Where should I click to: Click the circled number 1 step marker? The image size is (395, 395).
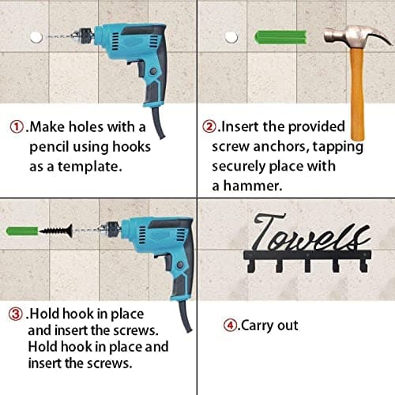pyautogui.click(x=17, y=127)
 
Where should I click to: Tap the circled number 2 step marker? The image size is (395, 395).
pyautogui.click(x=209, y=127)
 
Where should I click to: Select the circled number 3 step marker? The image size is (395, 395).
pyautogui.click(x=15, y=314)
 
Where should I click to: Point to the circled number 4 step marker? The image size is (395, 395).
pyautogui.click(x=230, y=325)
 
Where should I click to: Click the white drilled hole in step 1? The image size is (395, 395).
pyautogui.click(x=36, y=37)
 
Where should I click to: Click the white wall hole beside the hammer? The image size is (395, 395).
pyautogui.click(x=231, y=37)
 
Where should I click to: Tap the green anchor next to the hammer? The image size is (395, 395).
pyautogui.click(x=280, y=37)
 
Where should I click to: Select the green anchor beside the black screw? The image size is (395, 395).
pyautogui.click(x=22, y=231)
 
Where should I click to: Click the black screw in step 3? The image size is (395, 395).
pyautogui.click(x=56, y=231)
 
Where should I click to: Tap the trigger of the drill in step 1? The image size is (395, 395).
pyautogui.click(x=140, y=69)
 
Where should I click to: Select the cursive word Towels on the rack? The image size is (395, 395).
pyautogui.click(x=310, y=233)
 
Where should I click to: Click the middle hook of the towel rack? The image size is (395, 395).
pyautogui.click(x=307, y=265)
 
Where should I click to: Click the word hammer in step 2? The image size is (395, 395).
pyautogui.click(x=252, y=186)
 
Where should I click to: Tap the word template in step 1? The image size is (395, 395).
pyautogui.click(x=90, y=167)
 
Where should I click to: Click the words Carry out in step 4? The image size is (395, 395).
pyautogui.click(x=269, y=325)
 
